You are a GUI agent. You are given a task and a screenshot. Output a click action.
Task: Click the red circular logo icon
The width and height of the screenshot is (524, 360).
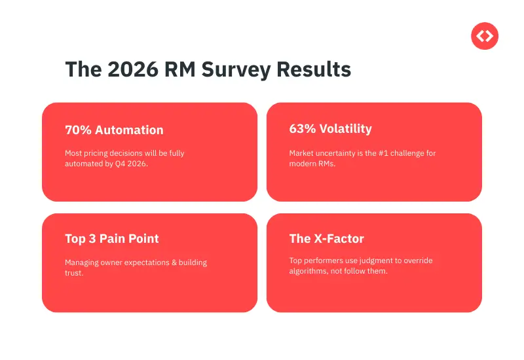pyautogui.click(x=485, y=36)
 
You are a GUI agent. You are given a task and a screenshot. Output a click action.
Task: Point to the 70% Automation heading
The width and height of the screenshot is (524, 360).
pyautogui.click(x=114, y=130)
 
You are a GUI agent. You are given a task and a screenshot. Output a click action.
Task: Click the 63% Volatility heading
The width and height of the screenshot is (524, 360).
pyautogui.click(x=330, y=129)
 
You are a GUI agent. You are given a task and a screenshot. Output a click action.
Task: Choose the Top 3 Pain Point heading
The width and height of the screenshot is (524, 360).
pyautogui.click(x=112, y=239)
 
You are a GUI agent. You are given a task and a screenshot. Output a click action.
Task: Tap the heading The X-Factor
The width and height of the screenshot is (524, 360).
pyautogui.click(x=326, y=239)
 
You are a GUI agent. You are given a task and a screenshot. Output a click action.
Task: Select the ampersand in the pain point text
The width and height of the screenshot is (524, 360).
pyautogui.click(x=171, y=262)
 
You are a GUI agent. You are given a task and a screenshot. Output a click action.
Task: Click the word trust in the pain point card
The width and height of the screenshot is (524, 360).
pyautogui.click(x=74, y=273)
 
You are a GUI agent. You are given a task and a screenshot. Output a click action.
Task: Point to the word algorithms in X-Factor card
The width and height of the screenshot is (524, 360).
pyautogui.click(x=310, y=271)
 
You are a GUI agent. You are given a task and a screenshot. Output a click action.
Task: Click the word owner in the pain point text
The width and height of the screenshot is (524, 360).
pyautogui.click(x=112, y=262)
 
